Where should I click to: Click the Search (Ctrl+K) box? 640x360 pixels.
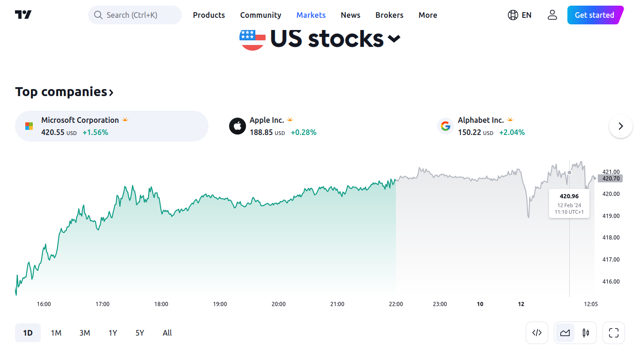(135, 15)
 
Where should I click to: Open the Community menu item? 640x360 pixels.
(260, 15)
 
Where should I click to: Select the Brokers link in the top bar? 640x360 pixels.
(389, 15)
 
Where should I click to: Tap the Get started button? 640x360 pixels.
(594, 15)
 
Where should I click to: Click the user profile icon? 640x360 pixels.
(552, 15)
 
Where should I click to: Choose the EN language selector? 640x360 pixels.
(520, 15)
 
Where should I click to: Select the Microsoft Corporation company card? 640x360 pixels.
(112, 126)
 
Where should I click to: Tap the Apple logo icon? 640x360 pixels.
(238, 126)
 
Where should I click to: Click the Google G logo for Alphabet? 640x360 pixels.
(446, 126)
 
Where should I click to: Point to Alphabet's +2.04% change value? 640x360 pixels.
(512, 133)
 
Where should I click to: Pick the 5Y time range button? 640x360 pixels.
(140, 333)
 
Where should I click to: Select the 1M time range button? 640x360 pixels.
(56, 333)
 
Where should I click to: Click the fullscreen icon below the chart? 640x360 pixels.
(614, 333)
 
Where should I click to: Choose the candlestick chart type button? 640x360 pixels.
(586, 333)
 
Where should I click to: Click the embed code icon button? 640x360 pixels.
(537, 333)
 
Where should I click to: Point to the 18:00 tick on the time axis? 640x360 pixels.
(161, 304)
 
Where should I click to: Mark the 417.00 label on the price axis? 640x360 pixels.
(611, 260)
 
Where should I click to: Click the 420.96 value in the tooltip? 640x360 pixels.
(569, 196)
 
